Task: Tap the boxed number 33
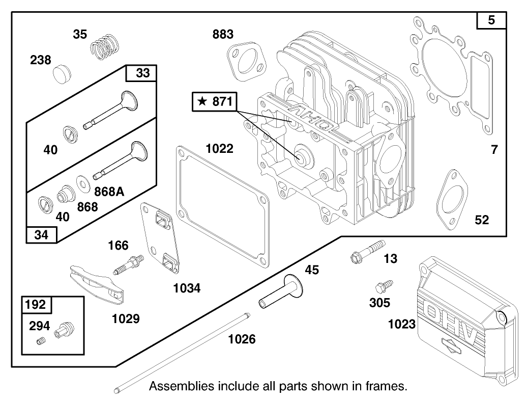tap(143, 73)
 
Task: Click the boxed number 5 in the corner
tap(491, 21)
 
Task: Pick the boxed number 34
tap(41, 235)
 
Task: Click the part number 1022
tap(220, 149)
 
